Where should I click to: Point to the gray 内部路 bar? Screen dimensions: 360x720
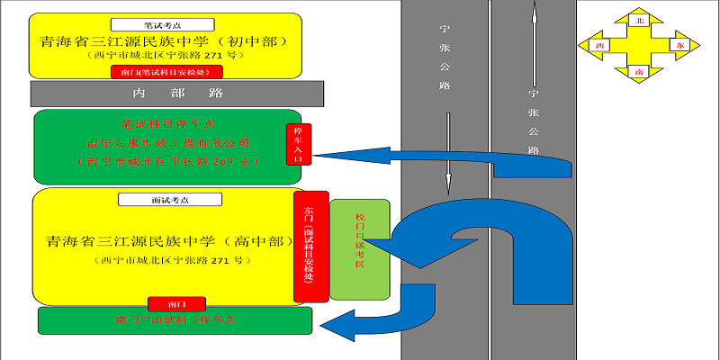pos(177,93)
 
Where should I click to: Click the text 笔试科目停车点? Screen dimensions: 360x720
pos(167,123)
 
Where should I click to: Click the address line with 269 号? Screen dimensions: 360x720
pos(167,162)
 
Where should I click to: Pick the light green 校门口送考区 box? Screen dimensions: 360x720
pos(360,249)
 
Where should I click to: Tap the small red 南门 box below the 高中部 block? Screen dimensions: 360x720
pos(175,304)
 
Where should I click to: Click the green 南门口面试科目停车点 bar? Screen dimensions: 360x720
pos(175,320)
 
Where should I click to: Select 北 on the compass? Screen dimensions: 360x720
pos(640,19)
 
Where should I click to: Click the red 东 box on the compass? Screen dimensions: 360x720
pos(679,44)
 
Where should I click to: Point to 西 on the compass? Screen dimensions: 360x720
pos(599,44)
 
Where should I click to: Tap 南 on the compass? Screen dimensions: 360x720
pos(639,69)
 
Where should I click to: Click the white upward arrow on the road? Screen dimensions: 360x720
pos(534,45)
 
